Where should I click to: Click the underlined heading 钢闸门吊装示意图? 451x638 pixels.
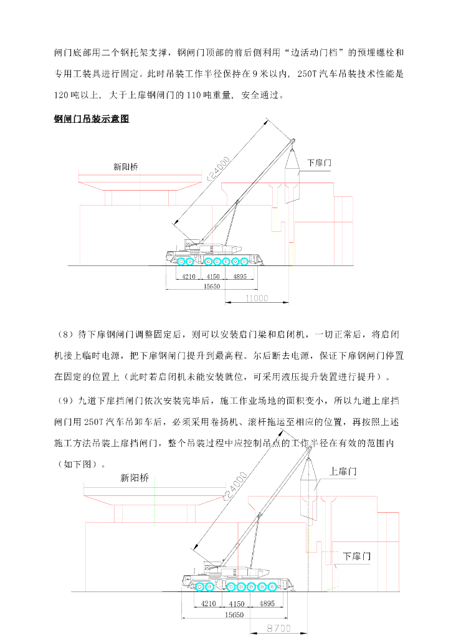click(92, 119)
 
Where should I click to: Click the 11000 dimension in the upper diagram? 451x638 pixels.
click(256, 298)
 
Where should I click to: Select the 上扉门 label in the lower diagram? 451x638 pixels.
click(343, 472)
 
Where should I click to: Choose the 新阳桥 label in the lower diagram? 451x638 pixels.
click(135, 478)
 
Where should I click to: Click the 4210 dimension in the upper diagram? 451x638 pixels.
click(189, 276)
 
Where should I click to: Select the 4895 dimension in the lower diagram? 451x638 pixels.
click(267, 603)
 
